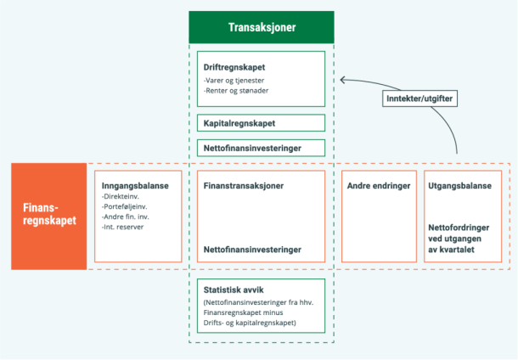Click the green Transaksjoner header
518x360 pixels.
[x=262, y=27]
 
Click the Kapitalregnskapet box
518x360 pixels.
[x=261, y=123]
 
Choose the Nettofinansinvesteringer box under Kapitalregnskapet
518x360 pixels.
[x=261, y=148]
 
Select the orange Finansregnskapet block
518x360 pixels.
[x=48, y=216]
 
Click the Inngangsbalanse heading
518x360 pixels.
[x=135, y=185]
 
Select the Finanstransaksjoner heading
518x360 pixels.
[x=244, y=185]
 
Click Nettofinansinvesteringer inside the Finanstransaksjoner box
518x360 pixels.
[x=251, y=250]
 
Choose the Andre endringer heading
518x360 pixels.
[x=379, y=185]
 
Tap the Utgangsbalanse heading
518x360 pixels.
[x=460, y=185]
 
